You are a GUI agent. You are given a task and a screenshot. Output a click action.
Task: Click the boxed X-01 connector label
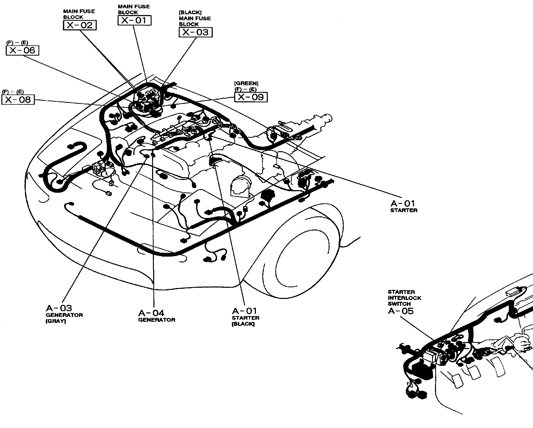(x=134, y=20)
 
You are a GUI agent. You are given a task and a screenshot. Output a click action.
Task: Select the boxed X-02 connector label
(x=80, y=25)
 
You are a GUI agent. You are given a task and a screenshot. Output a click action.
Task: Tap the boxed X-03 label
(x=196, y=32)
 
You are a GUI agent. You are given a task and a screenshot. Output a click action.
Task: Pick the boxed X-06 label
(x=22, y=50)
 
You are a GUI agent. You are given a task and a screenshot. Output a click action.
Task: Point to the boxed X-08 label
(x=18, y=99)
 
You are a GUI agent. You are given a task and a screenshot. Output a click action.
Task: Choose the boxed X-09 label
(x=251, y=97)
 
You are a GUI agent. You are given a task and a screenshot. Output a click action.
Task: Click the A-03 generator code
(x=59, y=308)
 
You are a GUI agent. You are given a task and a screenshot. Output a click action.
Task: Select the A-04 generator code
(x=151, y=313)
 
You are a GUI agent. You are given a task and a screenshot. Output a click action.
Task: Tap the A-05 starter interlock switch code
(x=401, y=311)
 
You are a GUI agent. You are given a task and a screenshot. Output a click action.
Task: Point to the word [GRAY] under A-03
(x=56, y=321)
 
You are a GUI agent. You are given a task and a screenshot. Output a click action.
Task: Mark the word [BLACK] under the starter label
(x=243, y=324)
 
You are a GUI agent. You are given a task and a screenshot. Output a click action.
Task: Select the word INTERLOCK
(x=404, y=298)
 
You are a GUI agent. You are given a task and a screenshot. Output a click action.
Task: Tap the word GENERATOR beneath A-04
(x=157, y=320)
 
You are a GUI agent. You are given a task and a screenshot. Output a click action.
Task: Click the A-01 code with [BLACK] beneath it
(x=244, y=311)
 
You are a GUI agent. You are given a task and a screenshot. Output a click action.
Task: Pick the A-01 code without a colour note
(x=403, y=203)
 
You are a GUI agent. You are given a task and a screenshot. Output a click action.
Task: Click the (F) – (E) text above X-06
(x=17, y=43)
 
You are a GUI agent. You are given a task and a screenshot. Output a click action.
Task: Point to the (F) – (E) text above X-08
(x=13, y=92)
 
